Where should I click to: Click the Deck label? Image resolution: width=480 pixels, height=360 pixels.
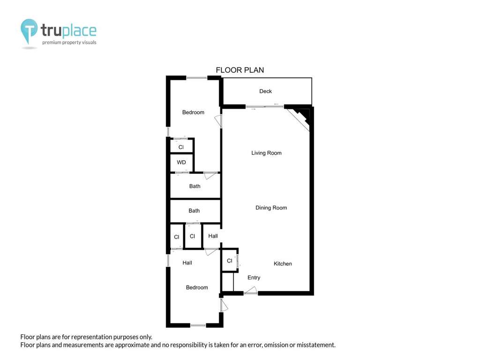click(265, 91)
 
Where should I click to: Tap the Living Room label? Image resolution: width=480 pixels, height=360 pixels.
click(266, 153)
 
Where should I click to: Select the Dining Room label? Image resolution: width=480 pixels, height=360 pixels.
click(271, 208)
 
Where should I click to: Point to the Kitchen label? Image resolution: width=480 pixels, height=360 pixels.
click(283, 263)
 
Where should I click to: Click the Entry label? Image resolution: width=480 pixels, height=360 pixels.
click(254, 277)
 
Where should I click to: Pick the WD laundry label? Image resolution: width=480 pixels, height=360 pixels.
click(181, 162)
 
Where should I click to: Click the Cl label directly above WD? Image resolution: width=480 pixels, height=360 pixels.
click(181, 147)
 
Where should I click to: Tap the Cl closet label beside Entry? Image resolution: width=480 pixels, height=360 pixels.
click(230, 261)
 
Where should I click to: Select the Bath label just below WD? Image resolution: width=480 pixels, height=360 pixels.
click(195, 186)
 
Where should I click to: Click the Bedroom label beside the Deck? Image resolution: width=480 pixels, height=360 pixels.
click(193, 112)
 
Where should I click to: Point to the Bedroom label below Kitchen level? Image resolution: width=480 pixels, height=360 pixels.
click(197, 287)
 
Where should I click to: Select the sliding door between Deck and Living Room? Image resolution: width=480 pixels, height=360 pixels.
click(265, 106)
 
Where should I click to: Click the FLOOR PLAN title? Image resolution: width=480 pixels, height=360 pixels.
click(240, 70)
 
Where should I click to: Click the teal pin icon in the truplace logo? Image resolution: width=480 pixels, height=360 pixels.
click(29, 30)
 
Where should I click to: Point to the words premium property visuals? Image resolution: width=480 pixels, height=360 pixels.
click(69, 43)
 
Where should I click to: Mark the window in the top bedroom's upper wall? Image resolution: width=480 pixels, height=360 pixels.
click(196, 78)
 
